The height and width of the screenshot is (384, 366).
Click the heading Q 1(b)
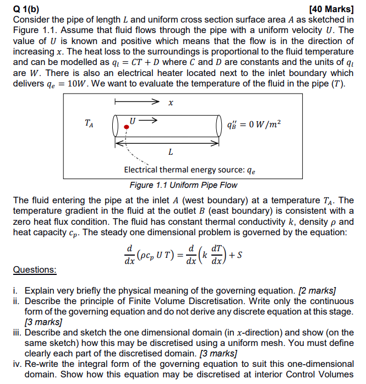29,8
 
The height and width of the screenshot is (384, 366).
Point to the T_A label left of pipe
89,125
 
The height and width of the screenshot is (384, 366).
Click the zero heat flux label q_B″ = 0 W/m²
258,124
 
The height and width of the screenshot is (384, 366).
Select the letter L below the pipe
171,152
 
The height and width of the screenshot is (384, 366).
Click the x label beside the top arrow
171,102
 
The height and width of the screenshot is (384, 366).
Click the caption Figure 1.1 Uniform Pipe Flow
183,185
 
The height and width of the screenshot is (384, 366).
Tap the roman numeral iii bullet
18,333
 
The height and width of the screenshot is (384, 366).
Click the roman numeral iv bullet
18,364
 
